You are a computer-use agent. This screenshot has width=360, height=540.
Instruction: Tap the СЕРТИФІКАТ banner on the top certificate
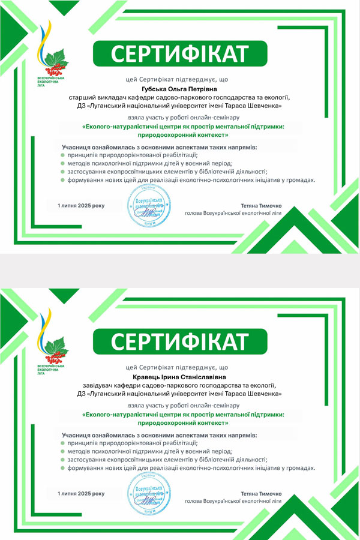180,54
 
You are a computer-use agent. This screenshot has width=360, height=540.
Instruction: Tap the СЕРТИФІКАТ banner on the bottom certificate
180,342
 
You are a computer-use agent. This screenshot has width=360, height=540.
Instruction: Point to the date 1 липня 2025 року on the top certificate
81,206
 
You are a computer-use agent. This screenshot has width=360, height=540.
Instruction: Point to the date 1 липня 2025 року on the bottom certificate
81,493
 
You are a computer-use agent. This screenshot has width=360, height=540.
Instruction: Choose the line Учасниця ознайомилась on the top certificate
159,146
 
